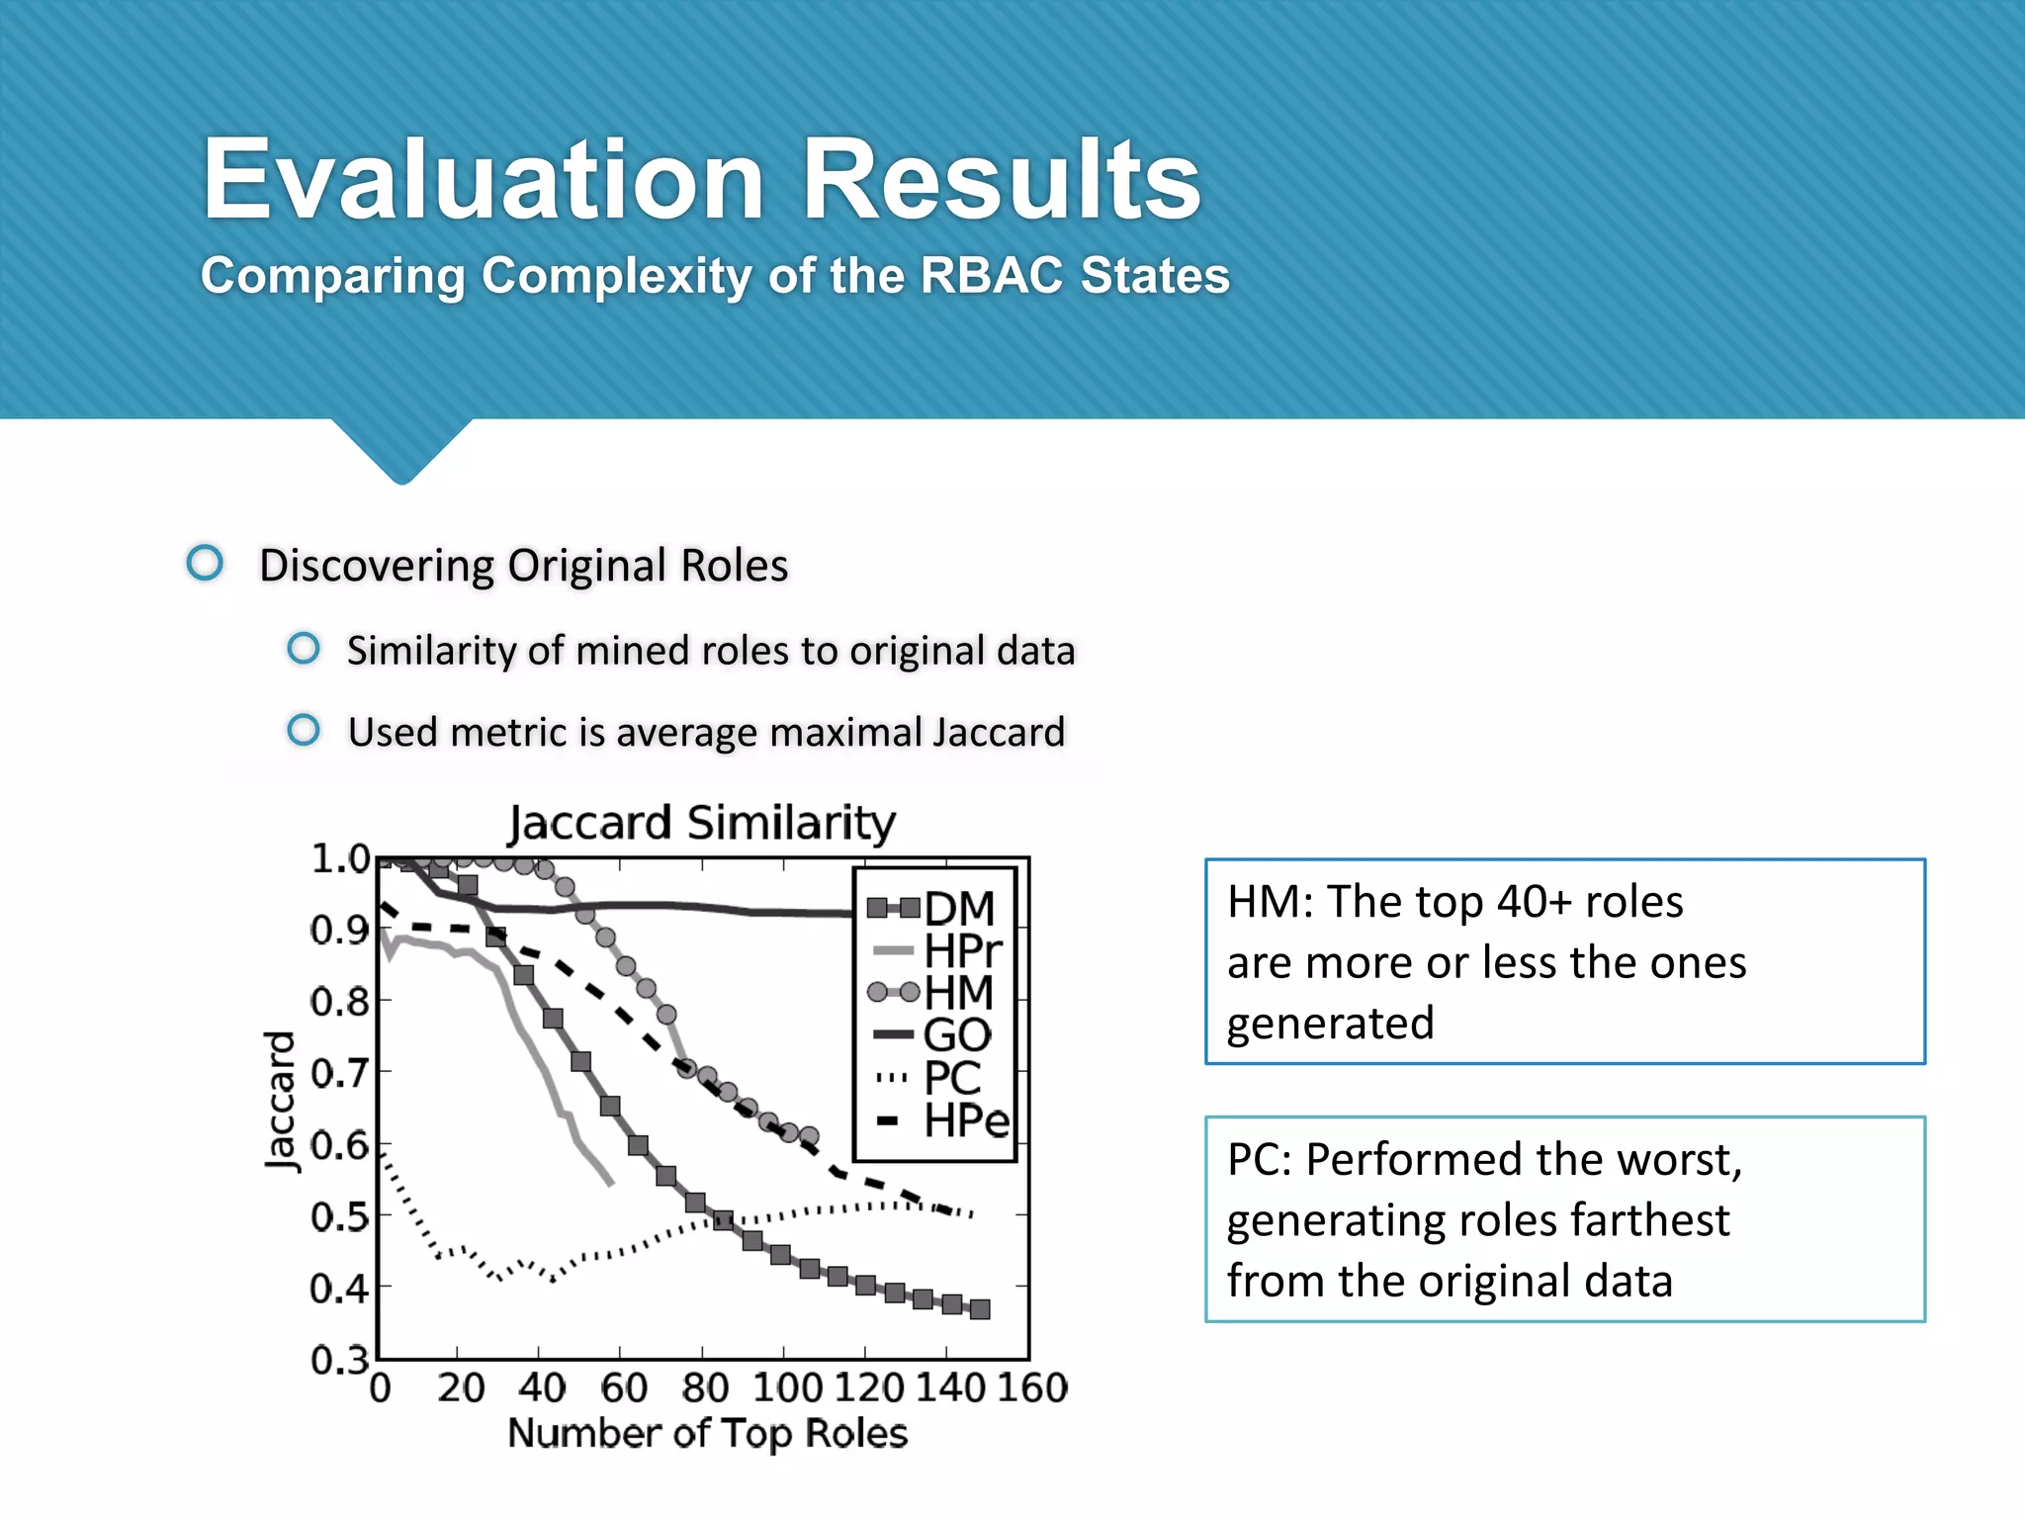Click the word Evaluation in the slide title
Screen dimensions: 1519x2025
[483, 180]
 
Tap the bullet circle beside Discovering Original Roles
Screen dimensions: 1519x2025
[205, 563]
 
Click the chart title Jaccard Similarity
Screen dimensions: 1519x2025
[701, 823]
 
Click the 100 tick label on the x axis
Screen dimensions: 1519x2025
[786, 1388]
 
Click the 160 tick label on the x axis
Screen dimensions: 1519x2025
[1031, 1388]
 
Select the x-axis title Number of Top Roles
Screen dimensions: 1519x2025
[707, 1434]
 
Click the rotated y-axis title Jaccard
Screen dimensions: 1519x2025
[281, 1101]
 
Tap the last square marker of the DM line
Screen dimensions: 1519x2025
[980, 1309]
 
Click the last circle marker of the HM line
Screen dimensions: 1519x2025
[809, 1136]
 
